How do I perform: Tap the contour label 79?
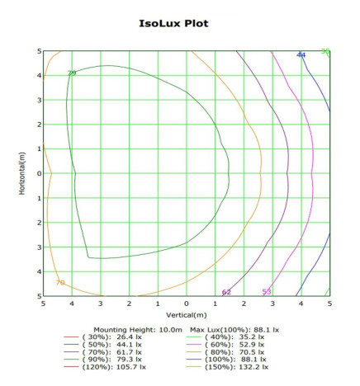[72, 73]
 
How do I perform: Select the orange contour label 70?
[59, 283]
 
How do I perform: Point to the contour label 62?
[226, 292]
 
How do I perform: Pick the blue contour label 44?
[301, 54]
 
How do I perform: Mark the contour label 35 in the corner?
[325, 52]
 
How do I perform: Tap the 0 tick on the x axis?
[187, 304]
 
